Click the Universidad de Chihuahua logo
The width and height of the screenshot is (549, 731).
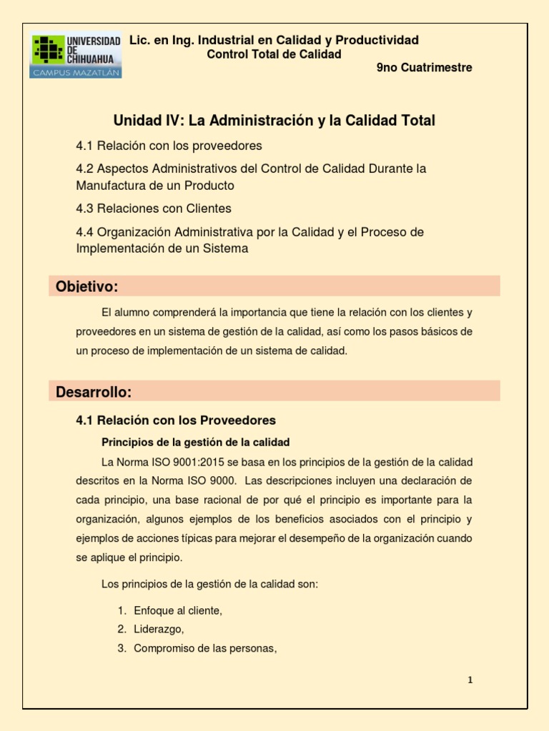[76, 55]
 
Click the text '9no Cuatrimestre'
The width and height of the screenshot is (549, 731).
[424, 68]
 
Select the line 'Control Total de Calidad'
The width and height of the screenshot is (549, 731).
[274, 54]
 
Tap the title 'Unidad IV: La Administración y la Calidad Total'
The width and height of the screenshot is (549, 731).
[274, 121]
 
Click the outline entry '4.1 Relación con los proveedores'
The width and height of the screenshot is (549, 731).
[169, 146]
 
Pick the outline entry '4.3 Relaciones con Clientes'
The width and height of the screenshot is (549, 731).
[154, 208]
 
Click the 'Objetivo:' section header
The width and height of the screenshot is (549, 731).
[86, 287]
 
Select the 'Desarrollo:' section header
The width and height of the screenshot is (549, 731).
[94, 392]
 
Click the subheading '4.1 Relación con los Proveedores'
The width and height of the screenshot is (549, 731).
[176, 420]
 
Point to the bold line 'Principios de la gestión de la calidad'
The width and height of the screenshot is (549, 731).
[196, 442]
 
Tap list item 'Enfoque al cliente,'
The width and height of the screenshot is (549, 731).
[178, 610]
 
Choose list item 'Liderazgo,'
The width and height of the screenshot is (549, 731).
[159, 629]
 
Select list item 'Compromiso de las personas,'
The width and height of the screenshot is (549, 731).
[205, 648]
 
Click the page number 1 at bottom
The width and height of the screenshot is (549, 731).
[470, 680]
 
